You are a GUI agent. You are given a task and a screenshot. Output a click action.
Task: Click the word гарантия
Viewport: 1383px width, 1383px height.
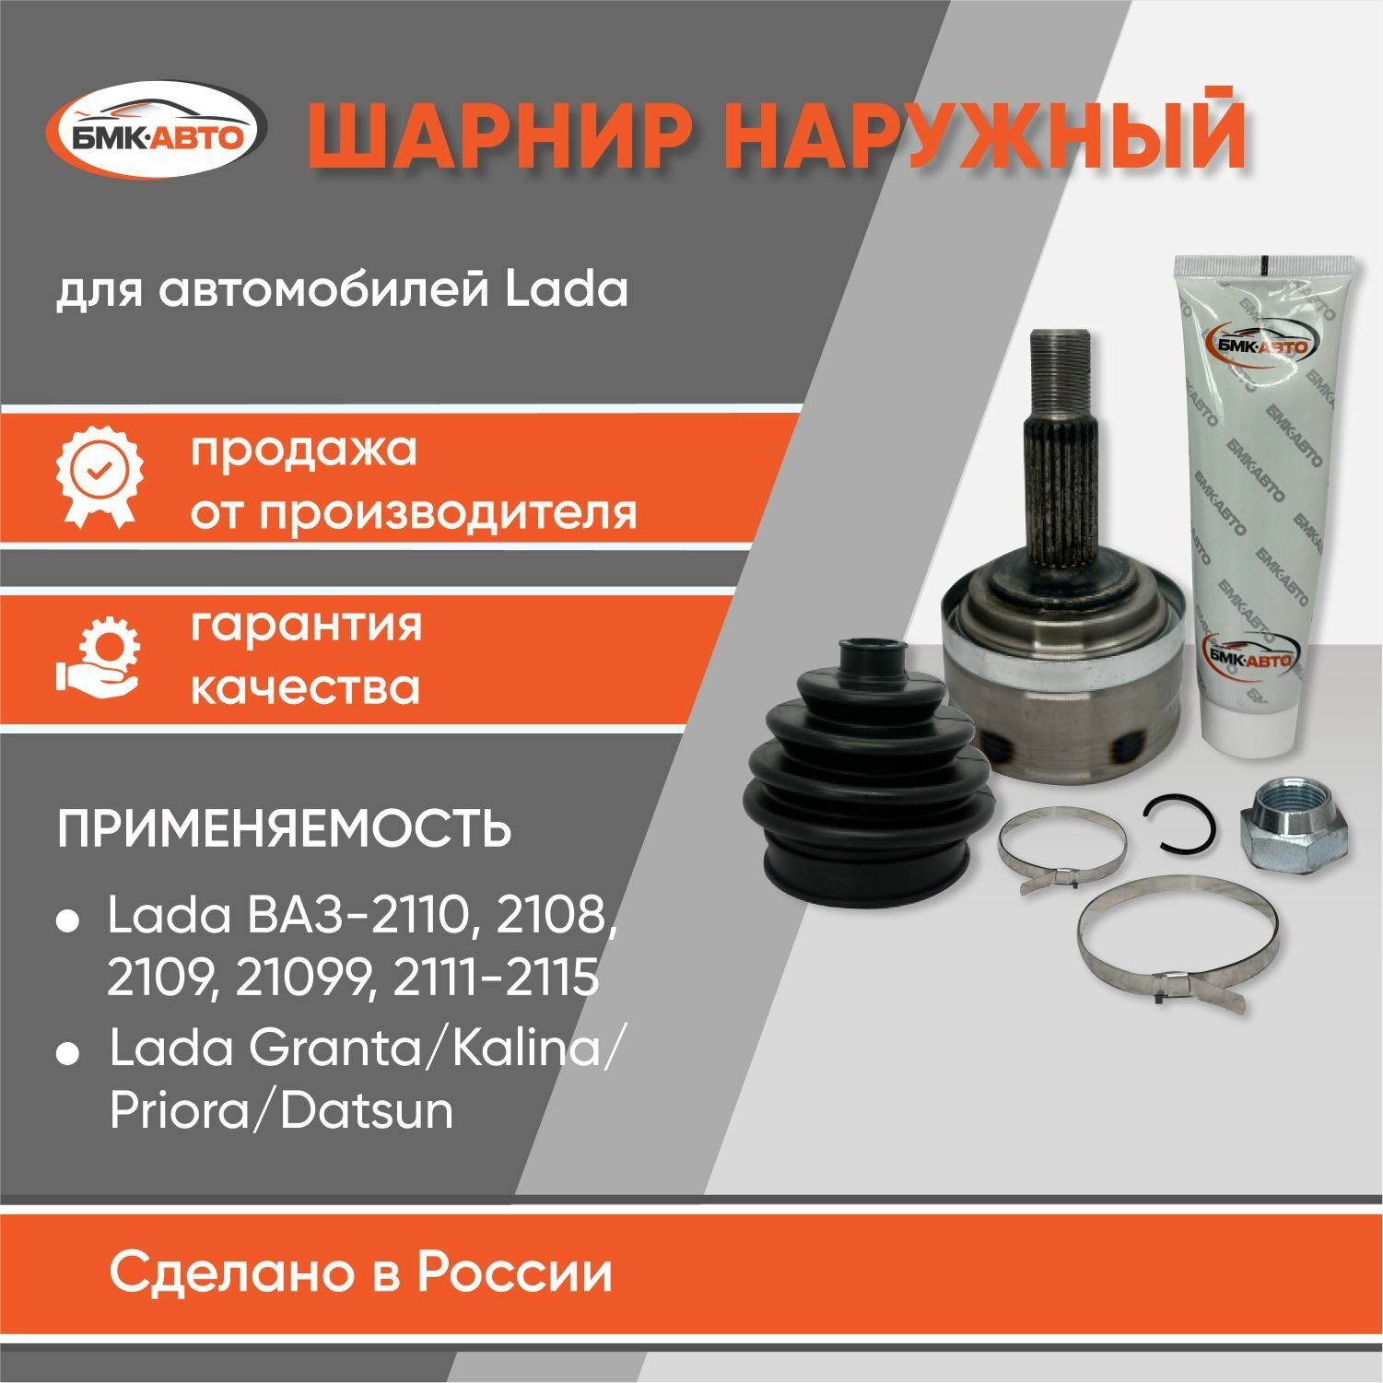tap(306, 624)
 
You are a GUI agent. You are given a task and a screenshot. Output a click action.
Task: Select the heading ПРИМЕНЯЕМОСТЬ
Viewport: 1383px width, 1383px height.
tap(284, 827)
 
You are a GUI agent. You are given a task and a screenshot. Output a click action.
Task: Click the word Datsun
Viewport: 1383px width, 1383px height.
tap(367, 1111)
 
